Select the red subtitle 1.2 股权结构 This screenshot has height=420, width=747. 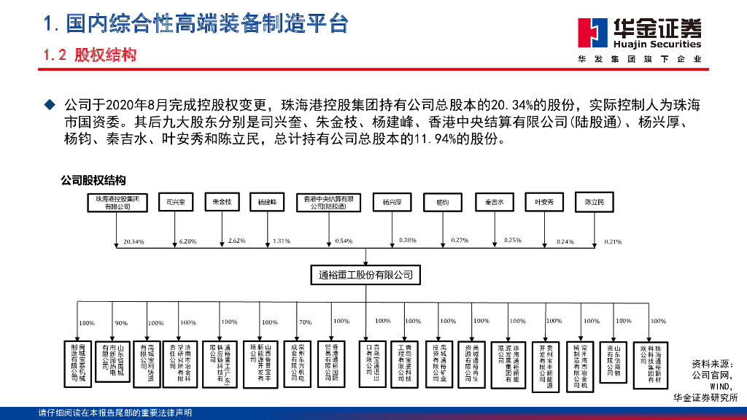click(x=90, y=55)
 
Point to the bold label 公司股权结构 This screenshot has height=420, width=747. click(x=93, y=180)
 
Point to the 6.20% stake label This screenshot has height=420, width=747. click(x=187, y=241)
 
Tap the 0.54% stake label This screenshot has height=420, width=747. click(x=344, y=241)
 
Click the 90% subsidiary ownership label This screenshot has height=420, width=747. click(x=121, y=323)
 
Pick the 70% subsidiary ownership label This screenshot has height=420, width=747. click(x=305, y=322)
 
